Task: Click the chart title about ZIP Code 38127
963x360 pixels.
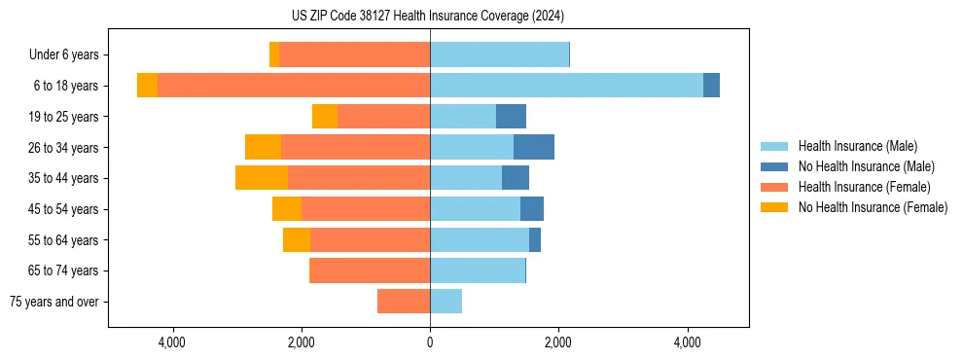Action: [428, 17]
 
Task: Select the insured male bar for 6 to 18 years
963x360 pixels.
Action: [566, 86]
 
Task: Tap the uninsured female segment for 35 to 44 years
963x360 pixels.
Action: [262, 178]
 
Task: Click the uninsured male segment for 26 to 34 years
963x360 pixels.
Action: [534, 147]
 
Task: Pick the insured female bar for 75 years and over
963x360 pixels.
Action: [404, 302]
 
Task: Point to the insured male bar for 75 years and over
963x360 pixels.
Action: [446, 302]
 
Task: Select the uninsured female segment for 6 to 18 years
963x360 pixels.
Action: [147, 86]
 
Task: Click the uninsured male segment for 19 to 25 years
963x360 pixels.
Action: [511, 117]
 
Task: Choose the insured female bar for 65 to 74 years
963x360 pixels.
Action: [370, 270]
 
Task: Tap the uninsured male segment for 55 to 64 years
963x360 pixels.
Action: [535, 239]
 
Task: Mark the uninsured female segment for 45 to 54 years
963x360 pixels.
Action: [287, 209]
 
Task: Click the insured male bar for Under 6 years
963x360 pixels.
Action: [499, 54]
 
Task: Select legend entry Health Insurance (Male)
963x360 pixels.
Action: [857, 146]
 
